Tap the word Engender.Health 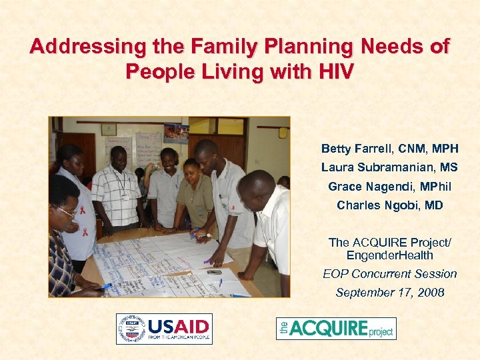(390, 255)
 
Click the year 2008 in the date (429, 293)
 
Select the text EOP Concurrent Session (390, 274)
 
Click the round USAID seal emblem (131, 329)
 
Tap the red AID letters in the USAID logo (193, 327)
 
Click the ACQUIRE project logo (336, 328)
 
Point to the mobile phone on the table (214, 271)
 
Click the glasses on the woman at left (65, 211)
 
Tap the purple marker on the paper (208, 261)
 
